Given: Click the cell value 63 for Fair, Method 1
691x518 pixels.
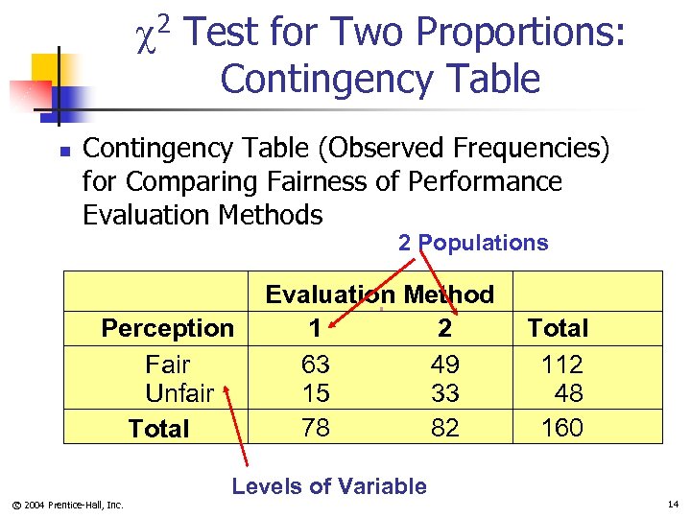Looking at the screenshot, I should pos(315,365).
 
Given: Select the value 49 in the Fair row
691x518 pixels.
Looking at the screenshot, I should pos(444,365).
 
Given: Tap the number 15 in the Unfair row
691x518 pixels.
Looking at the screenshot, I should pos(315,393).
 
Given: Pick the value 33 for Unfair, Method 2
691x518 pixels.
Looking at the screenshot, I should pos(444,393).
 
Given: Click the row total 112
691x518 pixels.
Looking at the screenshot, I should pos(561,365).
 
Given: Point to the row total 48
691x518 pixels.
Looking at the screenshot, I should pos(568,393).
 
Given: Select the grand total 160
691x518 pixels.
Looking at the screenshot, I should pos(561,428).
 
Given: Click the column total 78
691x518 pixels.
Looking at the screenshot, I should pos(315,428).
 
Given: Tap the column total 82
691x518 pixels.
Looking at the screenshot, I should pos(444,428).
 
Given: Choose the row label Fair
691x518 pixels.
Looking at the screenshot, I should pos(167,365).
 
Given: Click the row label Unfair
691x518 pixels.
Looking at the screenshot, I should pos(179,393).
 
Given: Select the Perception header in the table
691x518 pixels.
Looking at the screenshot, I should pos(167,328).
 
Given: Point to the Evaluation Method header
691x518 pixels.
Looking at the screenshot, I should pos(379,294).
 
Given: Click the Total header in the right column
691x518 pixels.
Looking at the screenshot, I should pos(558,328).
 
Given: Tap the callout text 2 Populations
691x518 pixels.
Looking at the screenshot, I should pos(473,243).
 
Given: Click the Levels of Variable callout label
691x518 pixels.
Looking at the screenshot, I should pos(329,486).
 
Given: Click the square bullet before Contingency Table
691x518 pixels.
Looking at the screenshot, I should pos(63,152).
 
